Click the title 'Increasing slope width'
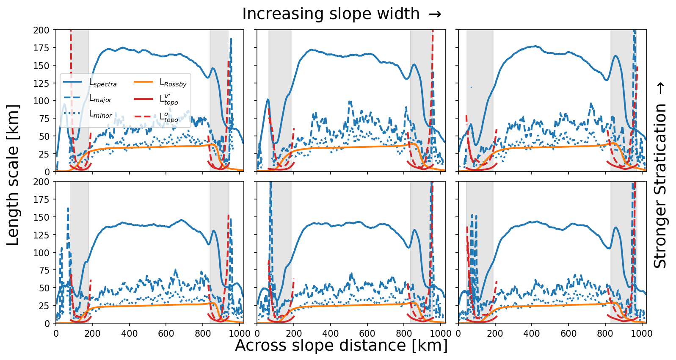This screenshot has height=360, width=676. click(331, 14)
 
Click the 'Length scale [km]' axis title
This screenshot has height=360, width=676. click(13, 175)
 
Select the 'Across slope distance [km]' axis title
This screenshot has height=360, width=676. click(341, 346)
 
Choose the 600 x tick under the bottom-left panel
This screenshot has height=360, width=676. click(166, 333)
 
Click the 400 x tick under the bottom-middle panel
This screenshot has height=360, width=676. click(331, 333)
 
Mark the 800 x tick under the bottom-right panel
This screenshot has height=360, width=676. click(605, 333)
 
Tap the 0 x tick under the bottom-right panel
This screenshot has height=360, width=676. click(458, 333)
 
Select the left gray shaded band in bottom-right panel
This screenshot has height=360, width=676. click(480, 252)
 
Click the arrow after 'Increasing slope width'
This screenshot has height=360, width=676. click(435, 14)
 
